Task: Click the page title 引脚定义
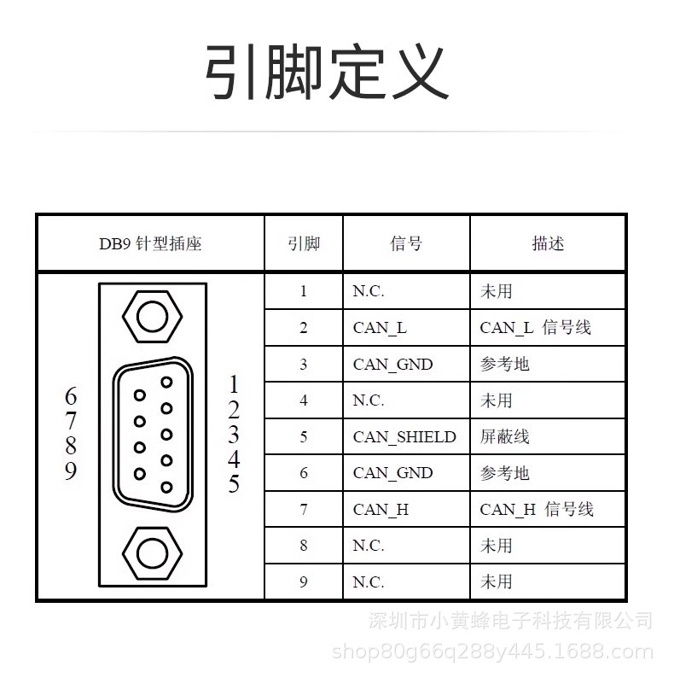tap(326, 73)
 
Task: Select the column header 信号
tap(406, 243)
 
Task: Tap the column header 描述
tap(548, 243)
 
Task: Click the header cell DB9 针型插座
tap(150, 243)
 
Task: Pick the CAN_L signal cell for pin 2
tap(380, 328)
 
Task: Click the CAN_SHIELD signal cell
tap(404, 437)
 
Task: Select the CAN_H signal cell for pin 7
tap(381, 510)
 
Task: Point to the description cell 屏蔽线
tap(504, 437)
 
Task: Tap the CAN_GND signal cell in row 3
tap(392, 365)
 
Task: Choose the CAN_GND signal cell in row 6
tap(392, 473)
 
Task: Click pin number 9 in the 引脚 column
tap(303, 582)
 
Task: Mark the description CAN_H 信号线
tap(536, 510)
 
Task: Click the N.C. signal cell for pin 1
tap(369, 291)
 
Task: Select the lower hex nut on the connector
tap(153, 553)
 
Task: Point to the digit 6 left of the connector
tap(71, 397)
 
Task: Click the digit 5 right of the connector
tap(234, 484)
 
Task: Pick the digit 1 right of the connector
tap(234, 384)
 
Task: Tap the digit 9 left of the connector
tap(71, 471)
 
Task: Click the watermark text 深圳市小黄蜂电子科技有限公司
tap(510, 621)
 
